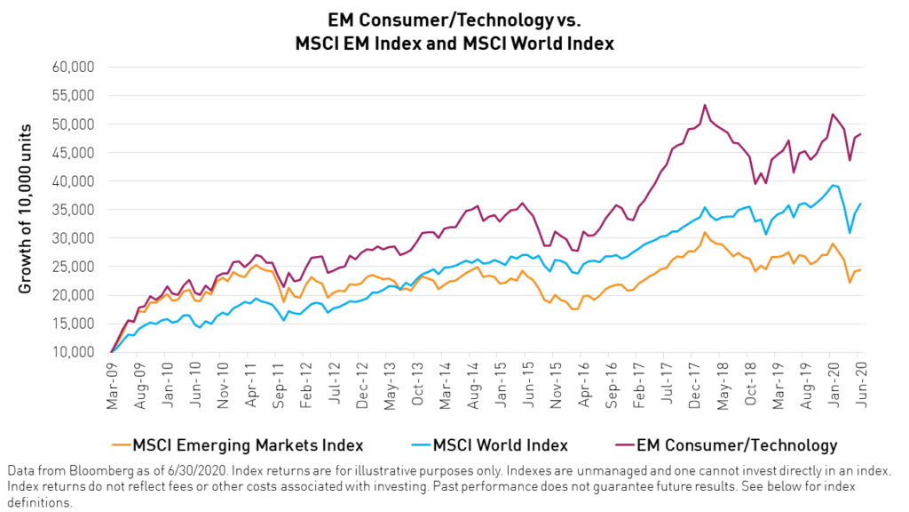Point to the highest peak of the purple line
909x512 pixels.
[x=705, y=105]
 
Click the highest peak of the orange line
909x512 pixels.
[x=705, y=233]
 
